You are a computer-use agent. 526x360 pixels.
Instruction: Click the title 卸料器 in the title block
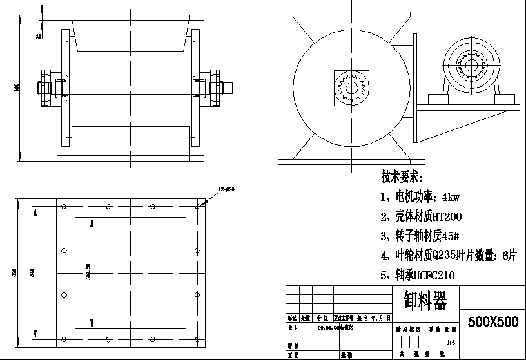424,300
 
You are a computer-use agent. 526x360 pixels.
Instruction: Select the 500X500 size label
492,322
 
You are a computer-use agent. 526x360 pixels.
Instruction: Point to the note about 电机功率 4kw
419,196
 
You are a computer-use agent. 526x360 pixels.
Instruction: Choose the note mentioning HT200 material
420,216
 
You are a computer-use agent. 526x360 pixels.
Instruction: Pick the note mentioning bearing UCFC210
417,276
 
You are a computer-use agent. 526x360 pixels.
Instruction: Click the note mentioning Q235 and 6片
448,256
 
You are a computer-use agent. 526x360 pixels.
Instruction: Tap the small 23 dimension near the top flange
39,37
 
